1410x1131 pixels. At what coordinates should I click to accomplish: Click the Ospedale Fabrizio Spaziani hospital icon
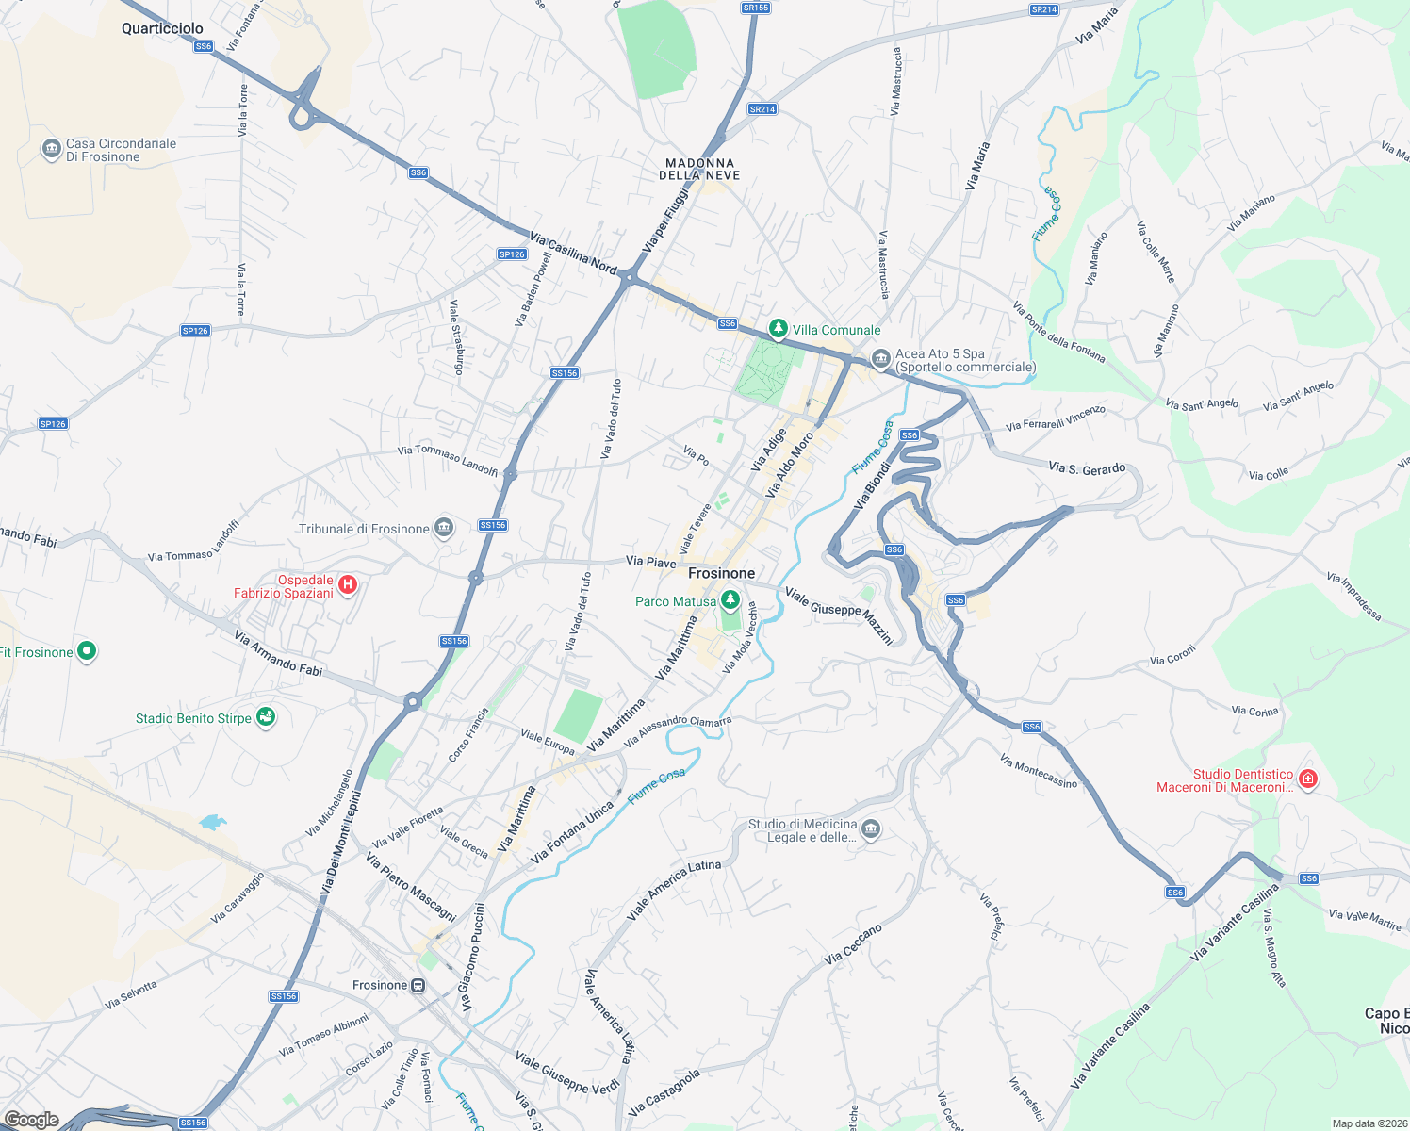348,585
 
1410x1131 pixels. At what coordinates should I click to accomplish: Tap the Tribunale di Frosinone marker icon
444,528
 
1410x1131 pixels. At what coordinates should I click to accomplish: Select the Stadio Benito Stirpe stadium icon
266,718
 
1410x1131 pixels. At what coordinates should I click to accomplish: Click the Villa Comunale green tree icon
778,329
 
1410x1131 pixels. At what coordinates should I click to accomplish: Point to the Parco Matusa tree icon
730,600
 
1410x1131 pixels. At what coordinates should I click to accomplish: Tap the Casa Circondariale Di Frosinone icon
51,150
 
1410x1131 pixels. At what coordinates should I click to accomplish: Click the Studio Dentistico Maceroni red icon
1307,779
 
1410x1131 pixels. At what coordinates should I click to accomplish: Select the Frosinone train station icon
418,985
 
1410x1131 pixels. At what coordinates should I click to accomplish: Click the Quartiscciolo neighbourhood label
162,28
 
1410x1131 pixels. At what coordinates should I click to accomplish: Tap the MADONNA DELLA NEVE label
699,169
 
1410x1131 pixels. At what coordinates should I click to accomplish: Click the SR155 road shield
756,8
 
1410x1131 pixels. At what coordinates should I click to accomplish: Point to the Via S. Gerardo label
1087,467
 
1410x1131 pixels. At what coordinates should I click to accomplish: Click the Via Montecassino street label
1038,771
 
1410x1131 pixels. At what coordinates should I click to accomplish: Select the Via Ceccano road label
853,943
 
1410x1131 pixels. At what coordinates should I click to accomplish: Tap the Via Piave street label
650,562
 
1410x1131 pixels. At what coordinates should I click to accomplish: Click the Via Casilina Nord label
573,253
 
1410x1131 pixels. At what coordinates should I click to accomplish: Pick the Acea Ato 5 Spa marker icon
881,359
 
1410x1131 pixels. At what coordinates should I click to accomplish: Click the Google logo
31,1120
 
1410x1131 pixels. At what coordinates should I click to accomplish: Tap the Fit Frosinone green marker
87,650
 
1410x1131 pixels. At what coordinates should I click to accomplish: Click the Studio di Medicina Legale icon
870,829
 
